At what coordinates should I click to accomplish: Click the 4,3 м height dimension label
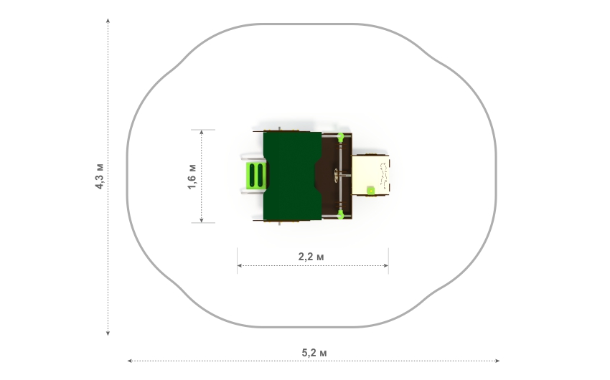100,176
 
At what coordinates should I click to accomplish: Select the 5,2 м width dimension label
314,353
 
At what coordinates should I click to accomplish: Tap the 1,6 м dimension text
192,177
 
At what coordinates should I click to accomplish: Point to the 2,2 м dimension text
311,257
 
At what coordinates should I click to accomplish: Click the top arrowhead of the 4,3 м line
108,20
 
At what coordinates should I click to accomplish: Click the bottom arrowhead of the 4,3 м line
108,333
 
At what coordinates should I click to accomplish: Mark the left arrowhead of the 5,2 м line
130,361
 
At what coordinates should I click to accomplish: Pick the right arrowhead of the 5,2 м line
497,361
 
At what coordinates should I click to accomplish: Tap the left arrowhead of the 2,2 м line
240,266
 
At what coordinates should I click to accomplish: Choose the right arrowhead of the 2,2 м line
386,266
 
